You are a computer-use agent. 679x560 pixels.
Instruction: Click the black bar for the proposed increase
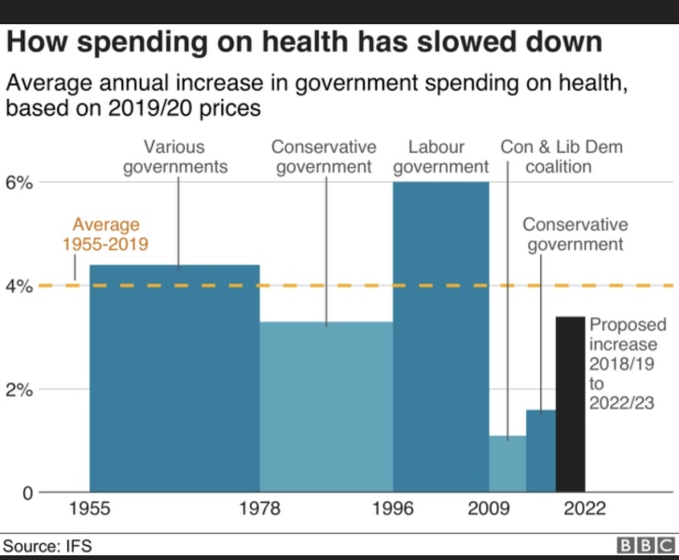(571, 404)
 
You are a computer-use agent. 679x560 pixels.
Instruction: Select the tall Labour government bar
(441, 336)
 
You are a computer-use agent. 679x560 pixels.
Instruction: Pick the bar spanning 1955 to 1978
(174, 378)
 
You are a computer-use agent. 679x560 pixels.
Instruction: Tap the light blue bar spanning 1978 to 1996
(326, 406)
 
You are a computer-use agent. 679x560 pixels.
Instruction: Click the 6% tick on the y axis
(21, 183)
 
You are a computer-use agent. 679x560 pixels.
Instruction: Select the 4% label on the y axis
(21, 287)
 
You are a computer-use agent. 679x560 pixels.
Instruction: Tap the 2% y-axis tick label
(21, 389)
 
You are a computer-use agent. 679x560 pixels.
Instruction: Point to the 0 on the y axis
(28, 492)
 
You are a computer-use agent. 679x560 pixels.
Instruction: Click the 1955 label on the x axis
(90, 510)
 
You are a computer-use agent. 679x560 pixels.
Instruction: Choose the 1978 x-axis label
(259, 510)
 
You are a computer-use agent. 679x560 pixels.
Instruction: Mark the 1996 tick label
(393, 510)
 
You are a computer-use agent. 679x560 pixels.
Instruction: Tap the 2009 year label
(489, 510)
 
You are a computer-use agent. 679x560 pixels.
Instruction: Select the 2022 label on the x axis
(585, 510)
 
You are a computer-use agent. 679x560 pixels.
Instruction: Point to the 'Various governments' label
(174, 157)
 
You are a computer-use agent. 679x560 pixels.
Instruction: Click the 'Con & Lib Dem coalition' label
(561, 157)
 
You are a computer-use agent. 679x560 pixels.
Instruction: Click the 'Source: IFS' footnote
(48, 545)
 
